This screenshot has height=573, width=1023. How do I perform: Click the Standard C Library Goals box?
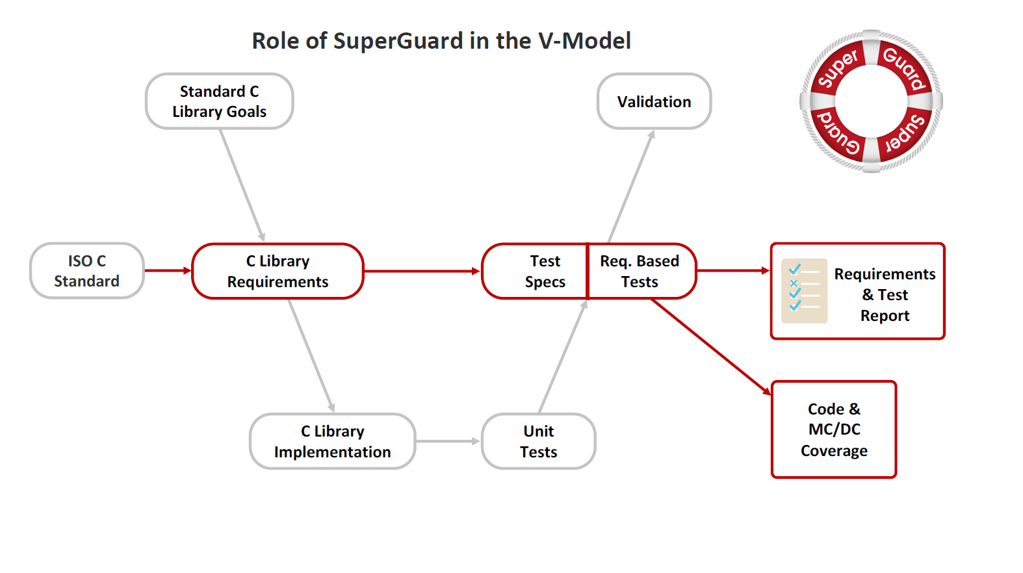[x=219, y=101]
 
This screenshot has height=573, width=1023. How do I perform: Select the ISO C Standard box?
[x=86, y=271]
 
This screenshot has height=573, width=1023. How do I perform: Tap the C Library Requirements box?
[x=278, y=272]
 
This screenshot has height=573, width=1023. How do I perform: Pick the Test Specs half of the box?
[x=535, y=272]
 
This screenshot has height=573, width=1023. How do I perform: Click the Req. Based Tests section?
[x=640, y=272]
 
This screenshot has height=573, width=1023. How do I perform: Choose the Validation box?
[x=654, y=101]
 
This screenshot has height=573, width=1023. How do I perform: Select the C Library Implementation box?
[x=332, y=442]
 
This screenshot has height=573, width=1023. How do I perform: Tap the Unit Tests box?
[x=538, y=442]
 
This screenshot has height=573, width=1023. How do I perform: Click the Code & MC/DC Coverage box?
[x=834, y=429]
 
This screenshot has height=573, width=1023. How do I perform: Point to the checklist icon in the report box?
[x=804, y=291]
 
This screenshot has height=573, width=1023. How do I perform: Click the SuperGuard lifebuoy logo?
[x=871, y=101]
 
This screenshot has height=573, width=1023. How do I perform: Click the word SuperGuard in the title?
[x=398, y=41]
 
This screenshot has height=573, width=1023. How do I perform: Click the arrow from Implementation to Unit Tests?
[x=448, y=441]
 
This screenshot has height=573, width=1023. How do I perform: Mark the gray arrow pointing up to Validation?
[x=631, y=186]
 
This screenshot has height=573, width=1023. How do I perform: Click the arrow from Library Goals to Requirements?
[x=242, y=185]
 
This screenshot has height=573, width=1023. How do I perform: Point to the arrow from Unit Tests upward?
[x=563, y=357]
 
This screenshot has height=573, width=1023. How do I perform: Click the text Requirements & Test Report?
[x=884, y=295]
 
